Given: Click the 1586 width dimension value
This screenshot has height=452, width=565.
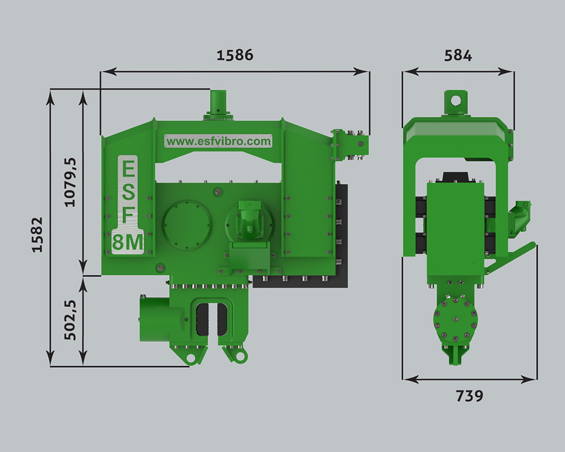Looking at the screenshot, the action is (235, 55).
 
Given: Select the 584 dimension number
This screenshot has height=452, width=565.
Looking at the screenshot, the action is (458, 55).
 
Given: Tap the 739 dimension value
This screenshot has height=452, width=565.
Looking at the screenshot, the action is (470, 395).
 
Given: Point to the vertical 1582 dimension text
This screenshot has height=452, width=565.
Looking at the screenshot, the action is (37, 234).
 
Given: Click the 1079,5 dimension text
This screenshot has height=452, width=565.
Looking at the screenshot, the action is (70, 182).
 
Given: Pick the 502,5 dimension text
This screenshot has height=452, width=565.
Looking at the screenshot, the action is (70, 320).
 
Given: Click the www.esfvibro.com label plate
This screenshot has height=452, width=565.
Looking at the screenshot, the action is (218, 141).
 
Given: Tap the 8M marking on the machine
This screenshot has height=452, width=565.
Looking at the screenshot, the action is (128, 242).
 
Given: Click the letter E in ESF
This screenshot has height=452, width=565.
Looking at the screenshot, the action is (129, 168).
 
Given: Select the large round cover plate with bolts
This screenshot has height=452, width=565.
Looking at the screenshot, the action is (186, 225).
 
